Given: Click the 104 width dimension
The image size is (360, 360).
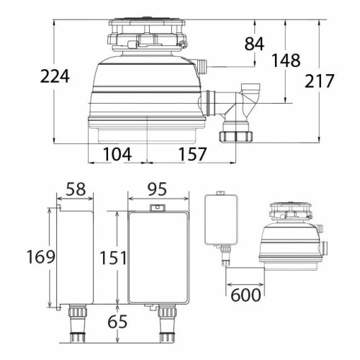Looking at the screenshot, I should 116,153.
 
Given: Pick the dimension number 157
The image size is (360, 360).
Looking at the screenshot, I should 189,153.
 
